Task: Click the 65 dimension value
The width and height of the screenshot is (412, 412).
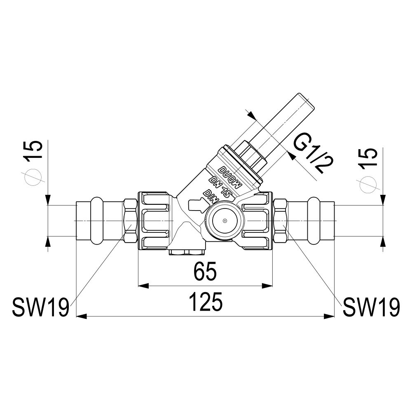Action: point(205,271)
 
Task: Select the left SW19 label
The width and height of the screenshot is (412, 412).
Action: point(40,307)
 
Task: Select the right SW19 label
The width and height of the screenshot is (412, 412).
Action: point(371,307)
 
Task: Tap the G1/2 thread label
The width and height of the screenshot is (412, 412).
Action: point(311,153)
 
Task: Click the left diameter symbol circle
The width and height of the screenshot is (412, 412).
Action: point(33,177)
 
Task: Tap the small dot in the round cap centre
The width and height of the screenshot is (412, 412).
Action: point(225,221)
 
